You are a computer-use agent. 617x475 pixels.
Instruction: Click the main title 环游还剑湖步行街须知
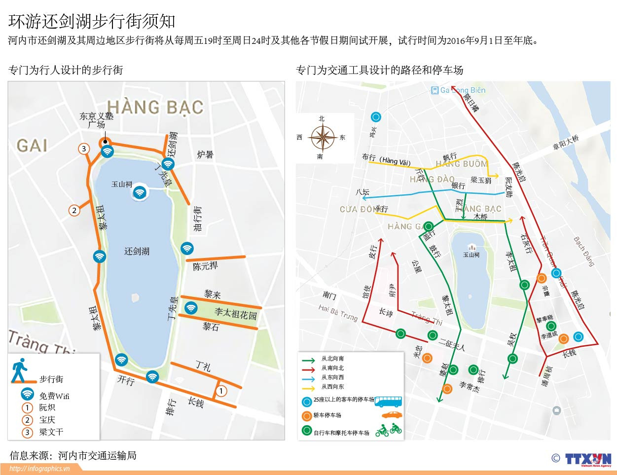[x=92, y=21]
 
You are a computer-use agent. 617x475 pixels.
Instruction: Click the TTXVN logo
[x=587, y=459]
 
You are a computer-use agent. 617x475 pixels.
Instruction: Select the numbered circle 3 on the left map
[x=84, y=148]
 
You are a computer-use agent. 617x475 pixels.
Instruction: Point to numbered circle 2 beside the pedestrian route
[x=74, y=211]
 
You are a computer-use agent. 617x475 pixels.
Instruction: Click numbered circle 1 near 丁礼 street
[x=221, y=391]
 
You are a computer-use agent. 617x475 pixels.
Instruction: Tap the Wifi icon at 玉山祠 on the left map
[x=140, y=192]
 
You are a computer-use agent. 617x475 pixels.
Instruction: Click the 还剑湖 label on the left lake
[x=137, y=251]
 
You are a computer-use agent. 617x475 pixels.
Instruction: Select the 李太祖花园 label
[x=235, y=313]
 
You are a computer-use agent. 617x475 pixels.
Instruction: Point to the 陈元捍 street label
[x=205, y=266]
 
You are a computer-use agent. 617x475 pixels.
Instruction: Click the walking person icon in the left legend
[x=19, y=370]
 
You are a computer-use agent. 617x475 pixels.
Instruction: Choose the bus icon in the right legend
[x=388, y=401]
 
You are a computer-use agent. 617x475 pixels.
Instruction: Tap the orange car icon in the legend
[x=392, y=415]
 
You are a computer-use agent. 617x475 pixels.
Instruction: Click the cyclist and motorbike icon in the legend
[x=389, y=431]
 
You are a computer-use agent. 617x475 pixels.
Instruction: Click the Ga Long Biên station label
[x=458, y=90]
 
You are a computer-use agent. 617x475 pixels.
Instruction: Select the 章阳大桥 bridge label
[x=565, y=143]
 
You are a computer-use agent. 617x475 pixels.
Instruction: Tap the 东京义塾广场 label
[x=97, y=120]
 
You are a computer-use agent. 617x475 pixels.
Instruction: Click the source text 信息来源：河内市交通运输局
[x=73, y=456]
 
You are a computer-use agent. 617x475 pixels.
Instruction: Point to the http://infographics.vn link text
[x=39, y=469]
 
